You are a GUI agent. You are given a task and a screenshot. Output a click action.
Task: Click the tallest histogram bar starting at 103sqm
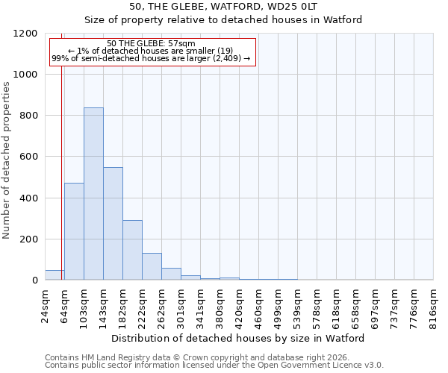click(x=93, y=194)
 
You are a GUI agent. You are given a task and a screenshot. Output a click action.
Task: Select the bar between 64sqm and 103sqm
click(x=74, y=231)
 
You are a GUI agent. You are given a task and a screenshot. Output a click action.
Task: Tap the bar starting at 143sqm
click(x=113, y=224)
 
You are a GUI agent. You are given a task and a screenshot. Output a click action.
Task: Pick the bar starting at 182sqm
click(x=132, y=250)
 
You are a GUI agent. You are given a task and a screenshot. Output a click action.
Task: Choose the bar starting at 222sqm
click(x=152, y=266)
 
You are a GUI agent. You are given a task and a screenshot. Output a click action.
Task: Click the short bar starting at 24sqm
click(x=54, y=275)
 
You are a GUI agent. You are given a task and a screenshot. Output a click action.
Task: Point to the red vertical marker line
click(x=61, y=164)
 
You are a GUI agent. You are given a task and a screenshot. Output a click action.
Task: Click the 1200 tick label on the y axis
click(x=27, y=34)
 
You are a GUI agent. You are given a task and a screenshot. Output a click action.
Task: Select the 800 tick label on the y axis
click(x=30, y=116)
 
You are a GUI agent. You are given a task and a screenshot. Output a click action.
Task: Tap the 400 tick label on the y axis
click(x=30, y=198)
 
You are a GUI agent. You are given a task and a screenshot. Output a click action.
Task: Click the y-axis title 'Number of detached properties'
click(x=7, y=160)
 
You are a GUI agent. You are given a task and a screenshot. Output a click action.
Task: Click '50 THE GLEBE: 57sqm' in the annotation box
click(x=152, y=43)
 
